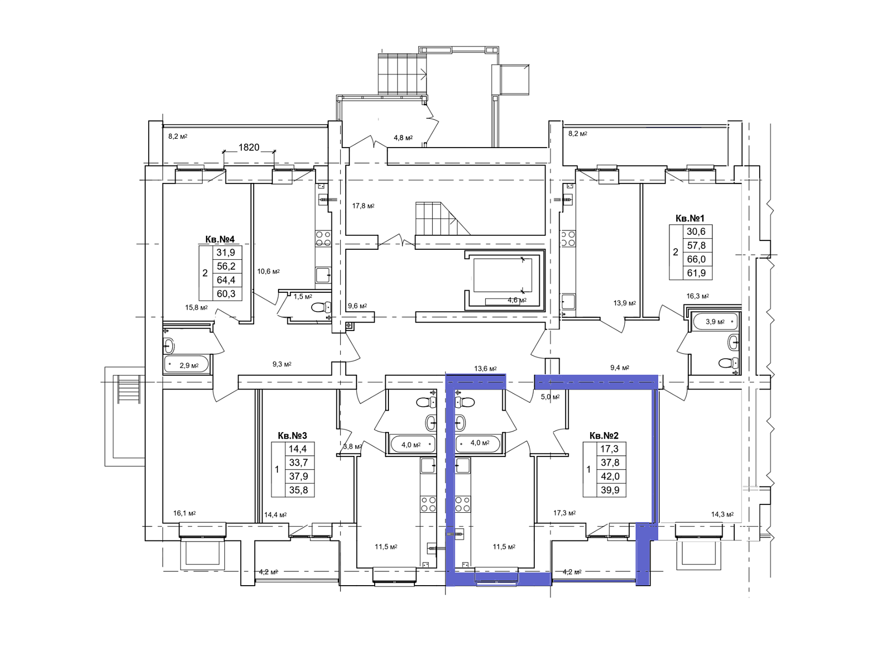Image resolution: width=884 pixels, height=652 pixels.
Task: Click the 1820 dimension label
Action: pyautogui.click(x=249, y=147)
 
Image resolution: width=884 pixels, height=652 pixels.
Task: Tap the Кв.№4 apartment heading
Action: pyautogui.click(x=220, y=239)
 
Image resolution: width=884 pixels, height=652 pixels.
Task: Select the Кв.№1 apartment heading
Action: pyautogui.click(x=690, y=218)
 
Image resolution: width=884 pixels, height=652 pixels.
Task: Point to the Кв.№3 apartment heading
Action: pyautogui.click(x=292, y=436)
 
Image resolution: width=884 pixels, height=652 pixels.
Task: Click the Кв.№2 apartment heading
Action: pyautogui.click(x=604, y=436)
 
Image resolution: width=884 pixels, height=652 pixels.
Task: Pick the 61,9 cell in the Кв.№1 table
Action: pyautogui.click(x=696, y=273)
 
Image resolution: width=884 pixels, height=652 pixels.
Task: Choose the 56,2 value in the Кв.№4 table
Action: pyautogui.click(x=226, y=266)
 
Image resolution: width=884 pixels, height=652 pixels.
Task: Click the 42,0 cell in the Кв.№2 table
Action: pyautogui.click(x=610, y=476)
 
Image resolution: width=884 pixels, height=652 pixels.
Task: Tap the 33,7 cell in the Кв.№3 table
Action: pyautogui.click(x=298, y=462)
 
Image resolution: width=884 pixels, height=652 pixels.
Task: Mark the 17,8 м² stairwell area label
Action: pyautogui.click(x=363, y=206)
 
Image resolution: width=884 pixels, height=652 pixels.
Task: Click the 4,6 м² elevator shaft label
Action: pyautogui.click(x=517, y=301)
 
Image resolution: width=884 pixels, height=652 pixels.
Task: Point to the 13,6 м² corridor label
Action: pyautogui.click(x=486, y=369)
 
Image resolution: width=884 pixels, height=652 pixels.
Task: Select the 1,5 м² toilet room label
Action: pyautogui.click(x=303, y=296)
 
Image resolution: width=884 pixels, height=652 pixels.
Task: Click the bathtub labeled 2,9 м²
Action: pyautogui.click(x=186, y=365)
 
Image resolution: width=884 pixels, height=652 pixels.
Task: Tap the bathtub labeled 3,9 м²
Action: pyautogui.click(x=715, y=322)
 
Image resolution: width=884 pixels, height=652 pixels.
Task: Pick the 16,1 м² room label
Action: pyautogui.click(x=185, y=513)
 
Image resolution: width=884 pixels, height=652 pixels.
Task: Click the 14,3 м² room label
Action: pyautogui.click(x=722, y=514)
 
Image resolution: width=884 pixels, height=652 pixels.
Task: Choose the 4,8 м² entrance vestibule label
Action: pyautogui.click(x=403, y=138)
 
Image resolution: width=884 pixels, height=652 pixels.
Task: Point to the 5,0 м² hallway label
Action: pyautogui.click(x=550, y=397)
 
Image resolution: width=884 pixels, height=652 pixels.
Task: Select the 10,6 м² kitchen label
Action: pyautogui.click(x=269, y=271)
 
